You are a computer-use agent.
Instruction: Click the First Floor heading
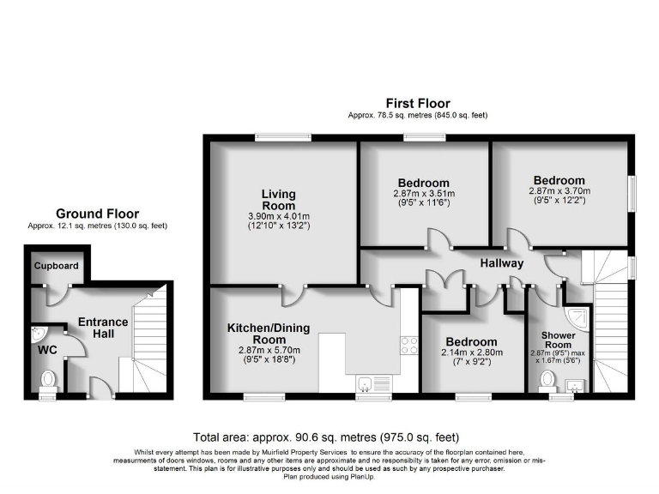point(418,104)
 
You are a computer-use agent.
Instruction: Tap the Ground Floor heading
point(97,214)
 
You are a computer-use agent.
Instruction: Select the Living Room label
point(278,200)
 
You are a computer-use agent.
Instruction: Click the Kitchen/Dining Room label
point(268,334)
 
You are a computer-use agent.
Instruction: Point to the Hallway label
point(501,263)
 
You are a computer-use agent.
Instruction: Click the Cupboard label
point(57,266)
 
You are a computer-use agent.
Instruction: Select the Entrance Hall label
point(103,328)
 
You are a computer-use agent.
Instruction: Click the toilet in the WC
point(48,378)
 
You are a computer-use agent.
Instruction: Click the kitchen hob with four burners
point(408,345)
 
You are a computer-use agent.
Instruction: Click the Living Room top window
point(282,136)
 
